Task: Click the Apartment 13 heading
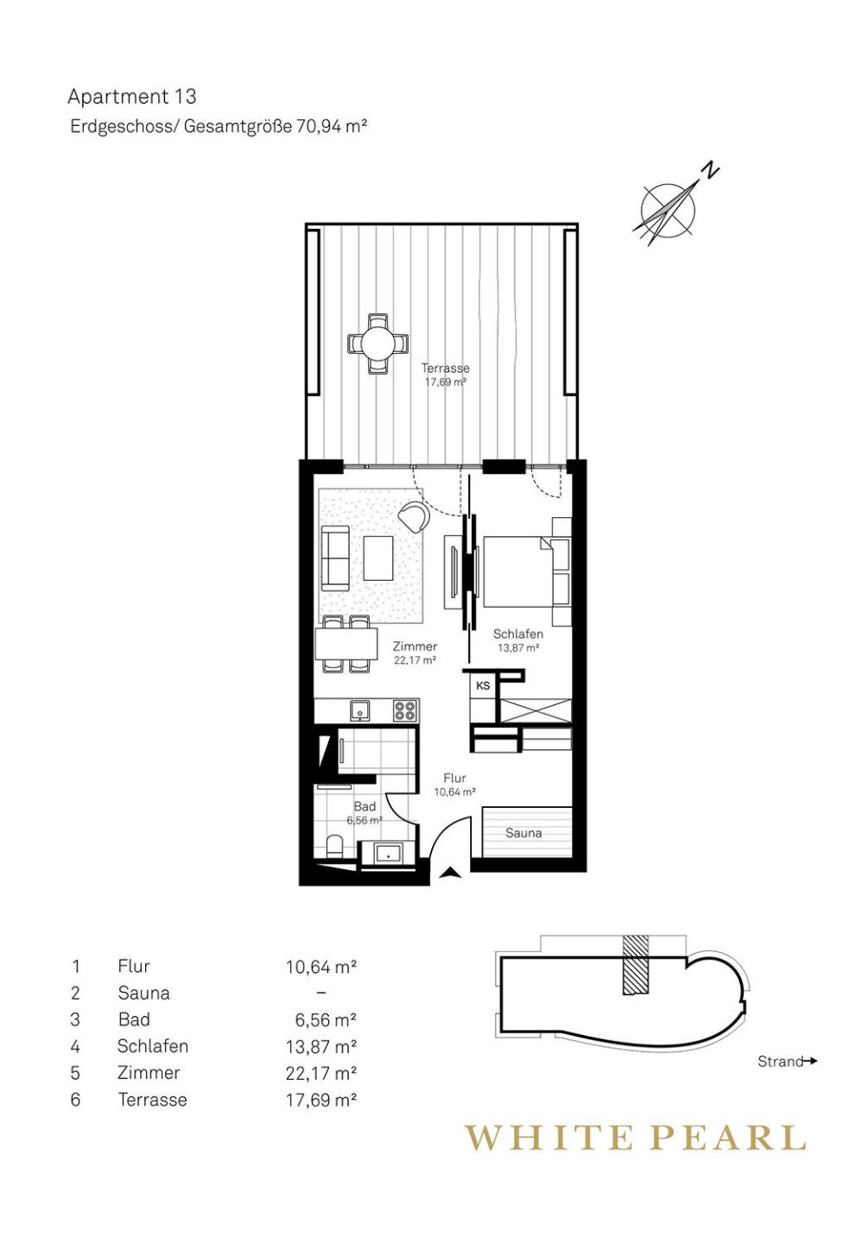[131, 97]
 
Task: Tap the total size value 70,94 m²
[332, 127]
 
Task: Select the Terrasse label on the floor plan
[445, 368]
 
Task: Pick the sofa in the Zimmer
[335, 558]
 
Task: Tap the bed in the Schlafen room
[517, 571]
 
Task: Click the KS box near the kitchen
[483, 685]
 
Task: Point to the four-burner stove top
[405, 710]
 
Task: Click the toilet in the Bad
[334, 846]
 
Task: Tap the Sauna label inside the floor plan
[524, 833]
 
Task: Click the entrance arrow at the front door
[450, 873]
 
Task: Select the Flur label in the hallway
[454, 778]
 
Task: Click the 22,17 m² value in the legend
[321, 1073]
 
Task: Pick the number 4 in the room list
[75, 1046]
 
